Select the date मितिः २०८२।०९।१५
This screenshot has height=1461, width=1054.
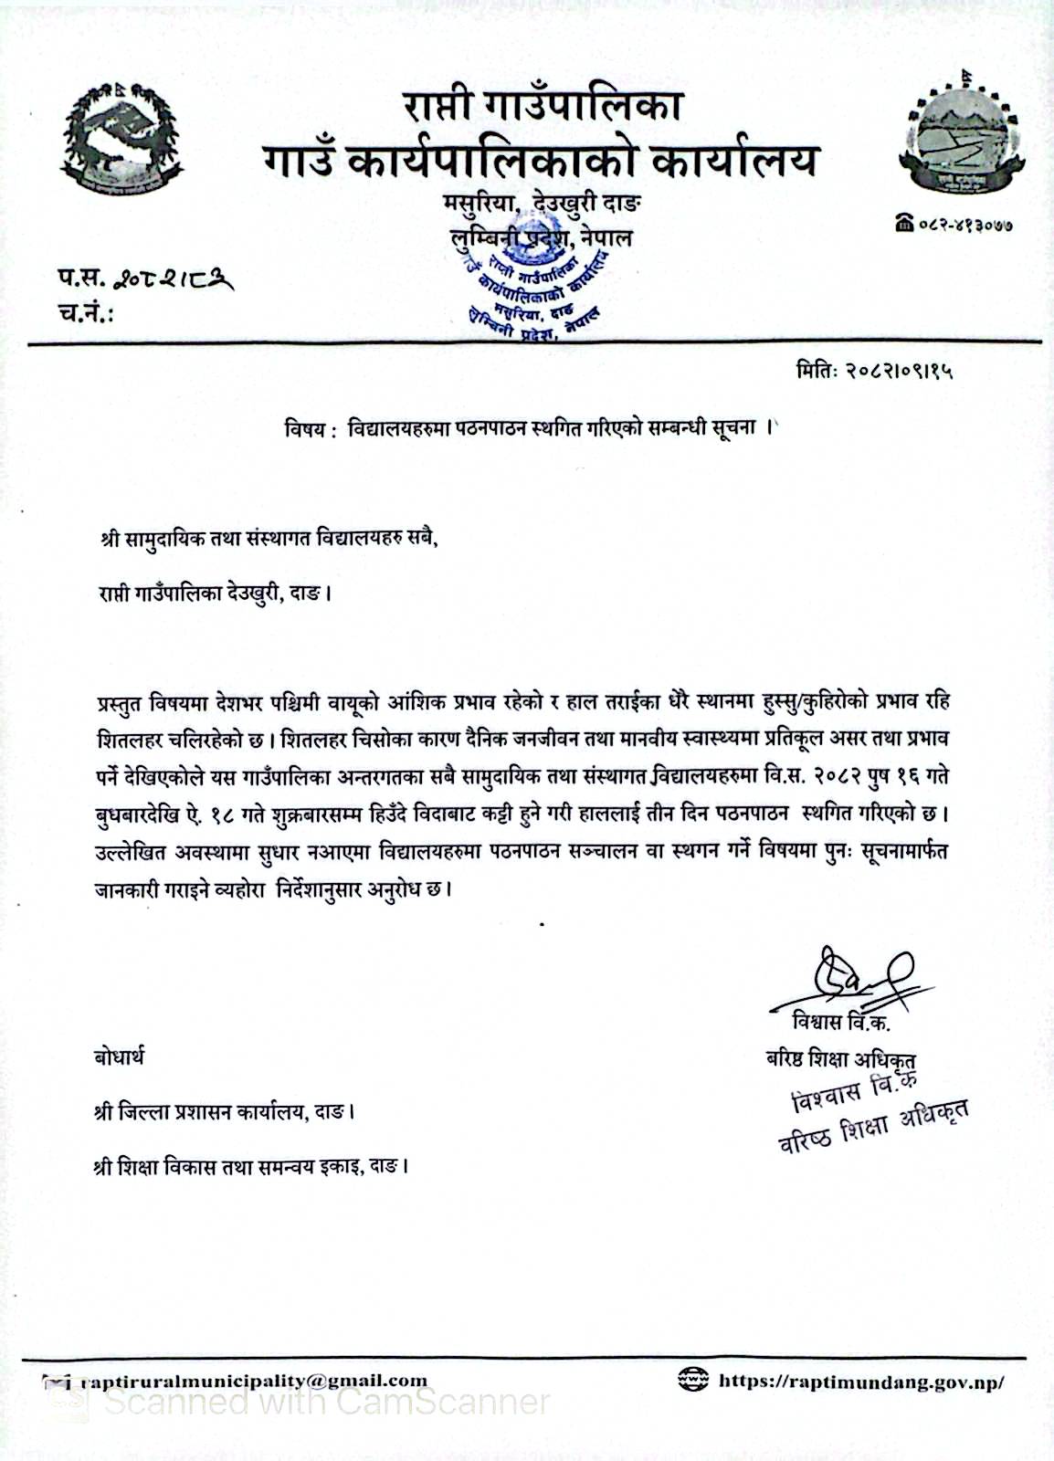(x=875, y=373)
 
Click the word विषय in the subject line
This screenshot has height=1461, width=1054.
(x=305, y=430)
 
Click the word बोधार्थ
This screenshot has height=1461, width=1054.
(x=119, y=1057)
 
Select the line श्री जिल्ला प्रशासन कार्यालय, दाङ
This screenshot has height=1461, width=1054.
(x=225, y=1112)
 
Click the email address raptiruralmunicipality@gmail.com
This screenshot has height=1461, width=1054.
(x=254, y=1381)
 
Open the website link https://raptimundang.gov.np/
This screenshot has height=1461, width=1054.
(x=861, y=1382)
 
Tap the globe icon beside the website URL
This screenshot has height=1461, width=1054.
(x=693, y=1380)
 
